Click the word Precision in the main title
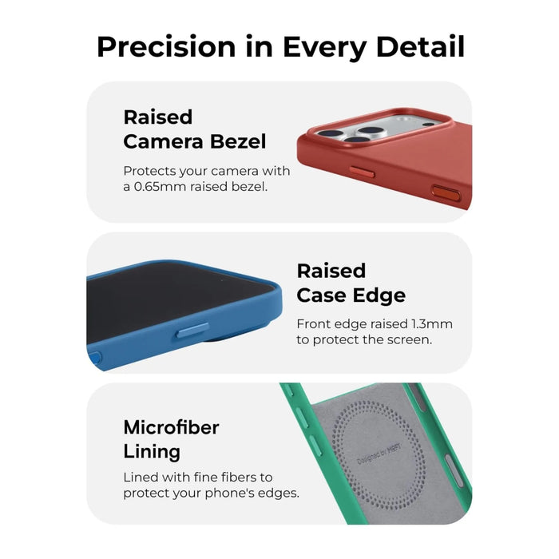click(166, 46)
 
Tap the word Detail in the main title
click(420, 46)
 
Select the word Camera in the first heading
click(163, 141)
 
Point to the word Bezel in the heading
click(238, 141)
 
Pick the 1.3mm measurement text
click(432, 323)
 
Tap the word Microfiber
click(171, 427)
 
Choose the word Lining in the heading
click(152, 452)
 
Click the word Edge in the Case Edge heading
click(379, 295)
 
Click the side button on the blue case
click(192, 331)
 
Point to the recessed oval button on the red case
click(446, 194)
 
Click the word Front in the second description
click(311, 323)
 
